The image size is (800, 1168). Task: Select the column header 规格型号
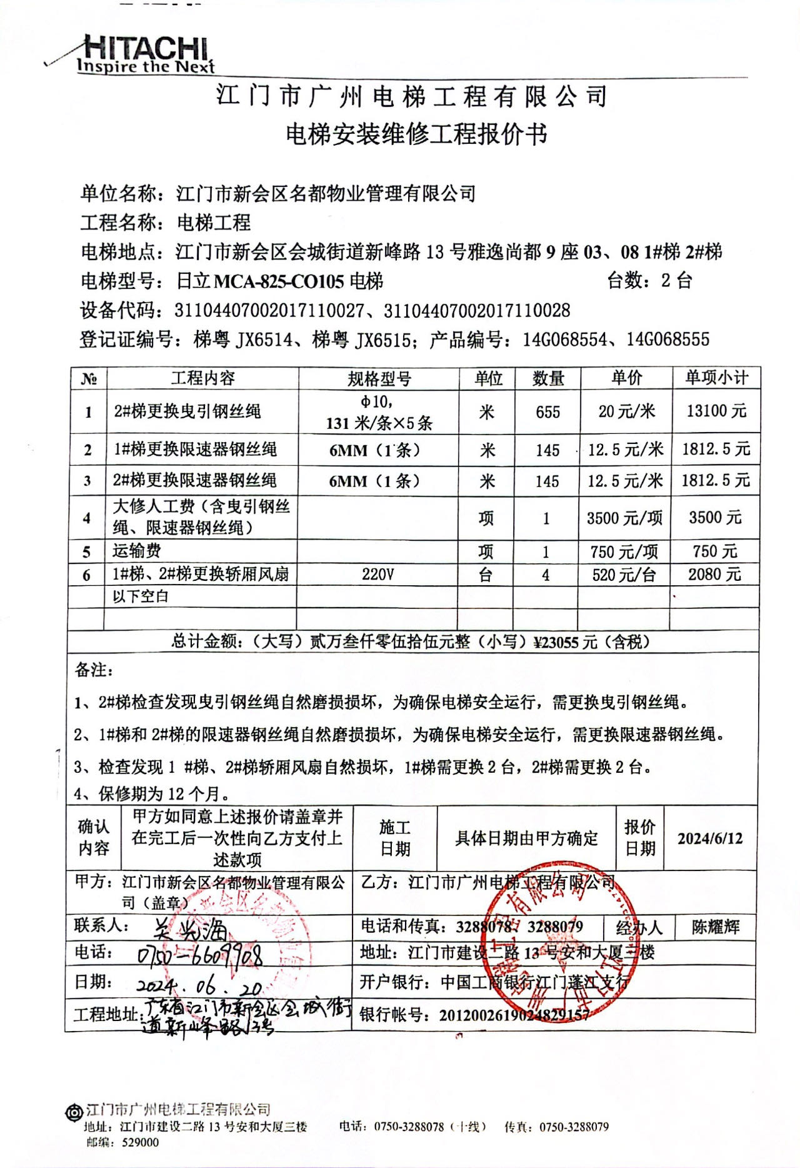pos(379,379)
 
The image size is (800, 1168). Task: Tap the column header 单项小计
pos(716,378)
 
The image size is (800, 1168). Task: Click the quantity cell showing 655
pos(547,412)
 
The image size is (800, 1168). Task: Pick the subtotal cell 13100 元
pos(716,411)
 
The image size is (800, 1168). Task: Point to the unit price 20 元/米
pos(626,411)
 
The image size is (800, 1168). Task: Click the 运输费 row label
pos(137,551)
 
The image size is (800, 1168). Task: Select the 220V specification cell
pos(377,574)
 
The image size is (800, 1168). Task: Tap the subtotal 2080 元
pos(714,574)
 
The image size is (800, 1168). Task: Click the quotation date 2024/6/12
pos(710,838)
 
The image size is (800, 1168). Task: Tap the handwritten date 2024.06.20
pos(199,987)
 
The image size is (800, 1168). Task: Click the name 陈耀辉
pos(716,927)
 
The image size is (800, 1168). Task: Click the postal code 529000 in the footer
pos(140,1142)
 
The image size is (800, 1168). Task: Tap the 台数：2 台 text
pos(649,281)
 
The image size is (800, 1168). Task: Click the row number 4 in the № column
pos(87,518)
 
